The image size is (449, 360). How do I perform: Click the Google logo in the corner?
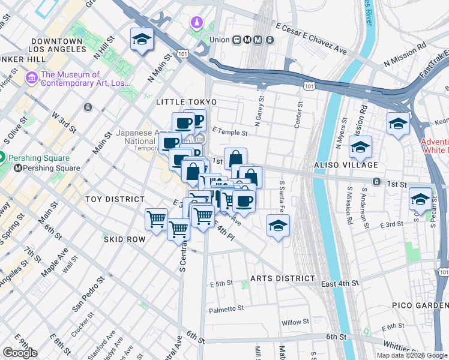coord(20,353)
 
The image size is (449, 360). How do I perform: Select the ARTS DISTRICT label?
coord(282,278)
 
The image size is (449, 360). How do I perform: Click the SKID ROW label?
coord(125,239)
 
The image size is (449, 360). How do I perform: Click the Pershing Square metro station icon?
coord(19,168)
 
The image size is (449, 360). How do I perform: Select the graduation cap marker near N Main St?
coord(142,40)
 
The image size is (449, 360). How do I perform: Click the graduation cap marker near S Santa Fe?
coord(278,226)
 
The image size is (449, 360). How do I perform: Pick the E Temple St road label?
coord(230,131)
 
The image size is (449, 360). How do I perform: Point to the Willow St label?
coord(295,323)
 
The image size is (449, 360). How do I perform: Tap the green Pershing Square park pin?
coord(2,158)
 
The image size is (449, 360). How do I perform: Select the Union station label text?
coord(220,40)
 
